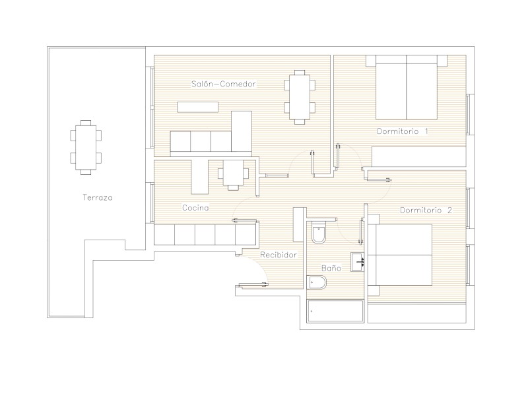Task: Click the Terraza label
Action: (98, 197)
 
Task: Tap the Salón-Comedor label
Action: (224, 84)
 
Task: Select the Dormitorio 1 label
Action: (403, 131)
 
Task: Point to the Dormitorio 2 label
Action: (426, 210)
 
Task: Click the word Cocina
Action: (195, 208)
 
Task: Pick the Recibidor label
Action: (279, 255)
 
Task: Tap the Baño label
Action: (331, 268)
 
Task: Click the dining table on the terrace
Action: (86, 147)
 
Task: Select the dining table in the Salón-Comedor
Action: (300, 97)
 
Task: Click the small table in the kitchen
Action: (234, 173)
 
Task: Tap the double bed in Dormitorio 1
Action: (407, 87)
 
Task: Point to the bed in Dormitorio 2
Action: (400, 255)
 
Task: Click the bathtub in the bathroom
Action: (335, 311)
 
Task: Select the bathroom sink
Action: (357, 262)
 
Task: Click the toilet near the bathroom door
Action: (319, 232)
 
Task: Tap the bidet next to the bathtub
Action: (317, 282)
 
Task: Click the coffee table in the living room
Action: (197, 107)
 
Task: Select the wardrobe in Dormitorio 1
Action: (419, 156)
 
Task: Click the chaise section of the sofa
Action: (242, 131)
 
